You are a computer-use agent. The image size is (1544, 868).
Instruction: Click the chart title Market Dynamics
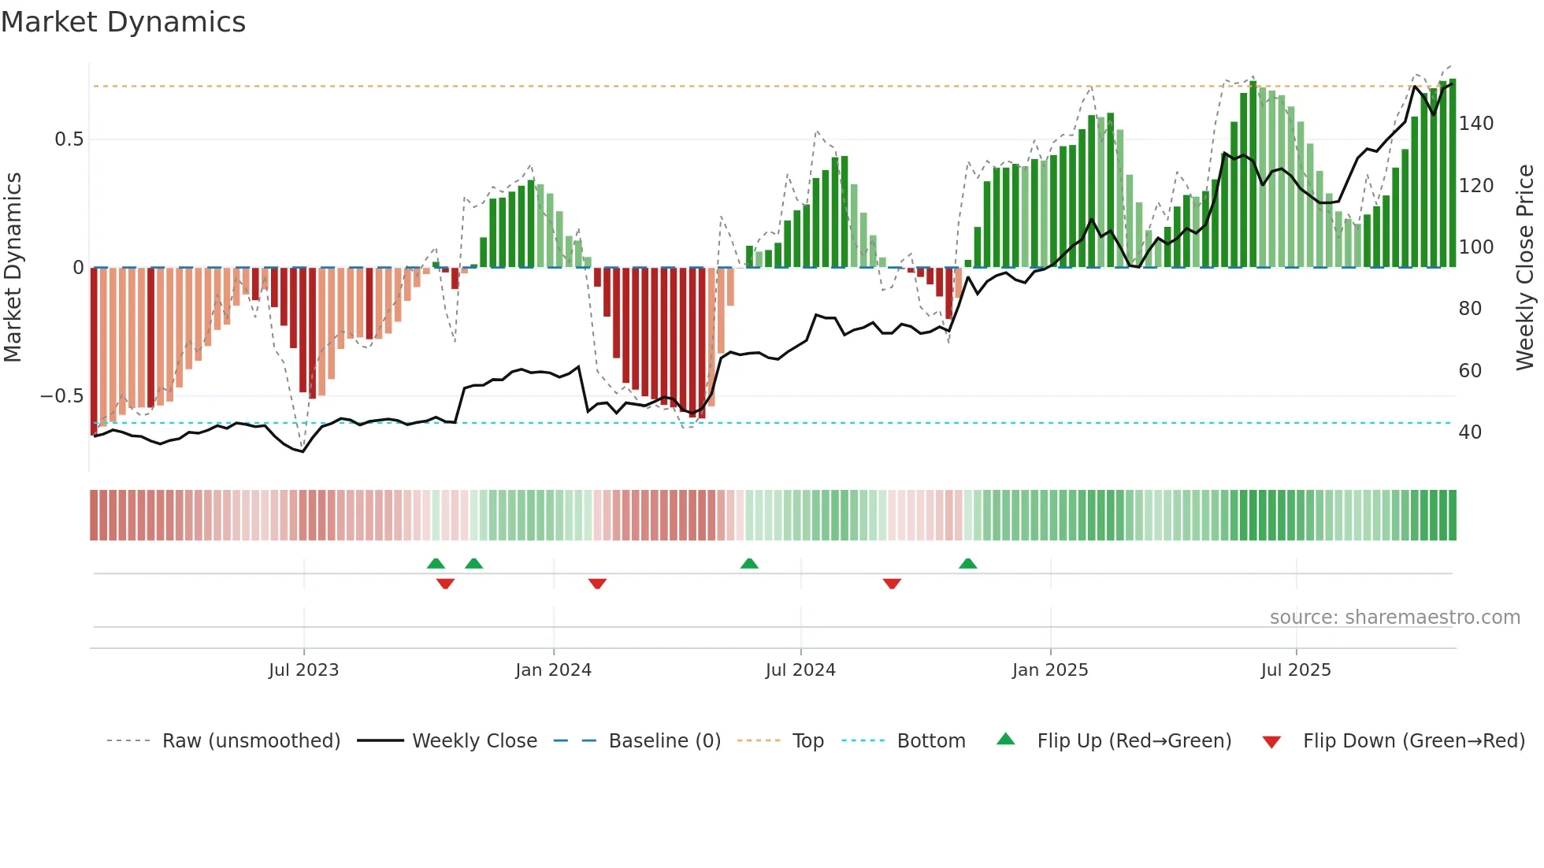tap(123, 22)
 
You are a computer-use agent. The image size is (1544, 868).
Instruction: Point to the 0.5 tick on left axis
tap(69, 139)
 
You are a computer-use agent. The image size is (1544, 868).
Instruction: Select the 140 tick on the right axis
tap(1475, 124)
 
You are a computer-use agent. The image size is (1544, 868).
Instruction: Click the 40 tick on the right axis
tap(1469, 432)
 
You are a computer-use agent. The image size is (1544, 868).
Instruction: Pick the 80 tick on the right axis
tap(1469, 309)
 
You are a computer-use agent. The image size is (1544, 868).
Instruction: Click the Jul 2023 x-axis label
tap(303, 670)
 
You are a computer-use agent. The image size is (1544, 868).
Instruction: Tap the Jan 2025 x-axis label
tap(1049, 670)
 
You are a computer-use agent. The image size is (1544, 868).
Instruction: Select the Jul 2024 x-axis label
tap(800, 670)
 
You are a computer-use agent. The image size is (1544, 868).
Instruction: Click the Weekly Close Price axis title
tap(1525, 268)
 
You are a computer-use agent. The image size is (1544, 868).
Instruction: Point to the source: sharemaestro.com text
tap(1394, 618)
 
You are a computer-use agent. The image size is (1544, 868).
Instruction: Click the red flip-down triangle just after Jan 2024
tap(597, 584)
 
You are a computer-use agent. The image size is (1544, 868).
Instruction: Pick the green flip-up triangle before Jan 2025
tap(967, 563)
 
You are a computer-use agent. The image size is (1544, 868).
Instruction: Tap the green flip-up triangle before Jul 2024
tap(749, 563)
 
